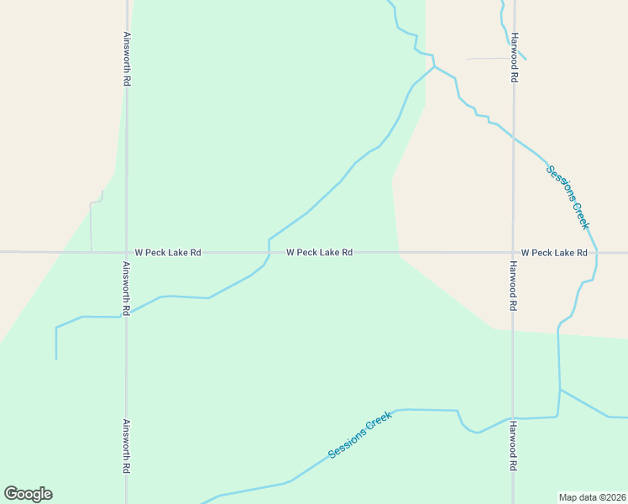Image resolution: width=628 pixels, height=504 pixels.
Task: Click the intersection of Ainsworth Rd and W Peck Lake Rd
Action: [x=127, y=252]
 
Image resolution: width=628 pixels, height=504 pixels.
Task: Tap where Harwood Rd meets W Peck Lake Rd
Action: [x=513, y=252]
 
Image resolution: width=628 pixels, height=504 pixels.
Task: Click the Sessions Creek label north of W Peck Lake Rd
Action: [x=568, y=197]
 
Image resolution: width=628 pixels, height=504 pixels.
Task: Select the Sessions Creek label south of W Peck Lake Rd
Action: [x=360, y=434]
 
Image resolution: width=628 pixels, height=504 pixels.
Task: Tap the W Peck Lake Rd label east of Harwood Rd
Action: [x=553, y=252]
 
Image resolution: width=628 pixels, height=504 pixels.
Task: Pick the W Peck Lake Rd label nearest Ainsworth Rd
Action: [x=168, y=252]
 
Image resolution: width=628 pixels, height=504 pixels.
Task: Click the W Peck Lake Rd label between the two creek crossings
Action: [x=318, y=252]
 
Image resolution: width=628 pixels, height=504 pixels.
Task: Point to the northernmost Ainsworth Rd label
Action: [x=127, y=59]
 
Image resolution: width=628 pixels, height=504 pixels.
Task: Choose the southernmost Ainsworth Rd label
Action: [x=127, y=445]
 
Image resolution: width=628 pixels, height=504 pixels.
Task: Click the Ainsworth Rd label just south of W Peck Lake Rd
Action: [x=127, y=288]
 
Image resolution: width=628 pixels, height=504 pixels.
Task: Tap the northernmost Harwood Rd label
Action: [x=514, y=57]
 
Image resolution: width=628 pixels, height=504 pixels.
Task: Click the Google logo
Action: [x=28, y=494]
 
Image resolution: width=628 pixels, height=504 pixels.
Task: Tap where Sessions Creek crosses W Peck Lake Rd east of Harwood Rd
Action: [x=597, y=252]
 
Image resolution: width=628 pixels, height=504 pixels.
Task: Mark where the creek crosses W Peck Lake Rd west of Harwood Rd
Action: [x=269, y=252]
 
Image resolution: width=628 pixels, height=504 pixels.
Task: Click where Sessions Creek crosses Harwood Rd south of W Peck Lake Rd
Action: [x=513, y=417]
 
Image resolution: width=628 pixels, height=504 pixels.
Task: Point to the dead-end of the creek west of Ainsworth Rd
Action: [x=56, y=359]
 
